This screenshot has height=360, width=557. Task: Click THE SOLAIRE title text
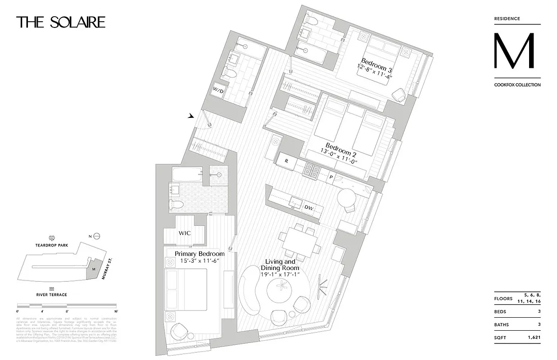[61, 22]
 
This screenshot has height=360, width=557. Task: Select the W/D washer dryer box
[218, 90]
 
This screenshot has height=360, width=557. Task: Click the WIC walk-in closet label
[185, 234]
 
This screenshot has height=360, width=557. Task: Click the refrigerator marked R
[285, 160]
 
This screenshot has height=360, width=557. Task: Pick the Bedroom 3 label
[376, 65]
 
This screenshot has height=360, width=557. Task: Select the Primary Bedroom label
[199, 254]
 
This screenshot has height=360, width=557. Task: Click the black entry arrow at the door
[191, 116]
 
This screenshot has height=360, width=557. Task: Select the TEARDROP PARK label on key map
[52, 246]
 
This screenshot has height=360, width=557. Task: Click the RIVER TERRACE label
[52, 295]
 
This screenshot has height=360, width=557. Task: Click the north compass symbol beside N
[96, 236]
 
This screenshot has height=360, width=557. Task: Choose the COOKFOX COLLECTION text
[517, 85]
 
